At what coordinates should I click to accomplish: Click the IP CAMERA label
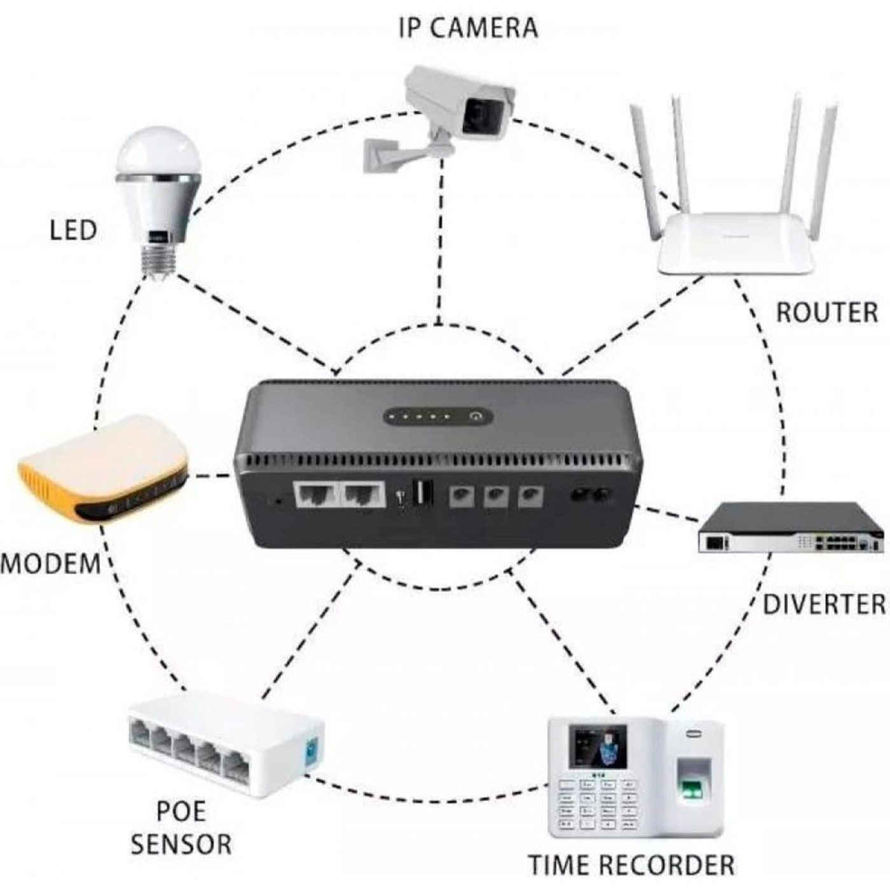[468, 28]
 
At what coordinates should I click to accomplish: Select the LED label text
[73, 230]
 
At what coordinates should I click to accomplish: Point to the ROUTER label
[827, 313]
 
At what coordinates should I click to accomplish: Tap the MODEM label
[51, 564]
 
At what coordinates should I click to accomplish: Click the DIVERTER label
[824, 605]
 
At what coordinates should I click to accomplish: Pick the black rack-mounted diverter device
[791, 528]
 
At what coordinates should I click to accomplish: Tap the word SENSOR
[181, 844]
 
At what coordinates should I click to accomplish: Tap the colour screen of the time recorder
[598, 747]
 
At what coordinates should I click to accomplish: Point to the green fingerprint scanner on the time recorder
[692, 788]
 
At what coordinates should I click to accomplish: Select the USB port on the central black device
[423, 493]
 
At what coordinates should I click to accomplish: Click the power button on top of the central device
[476, 417]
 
